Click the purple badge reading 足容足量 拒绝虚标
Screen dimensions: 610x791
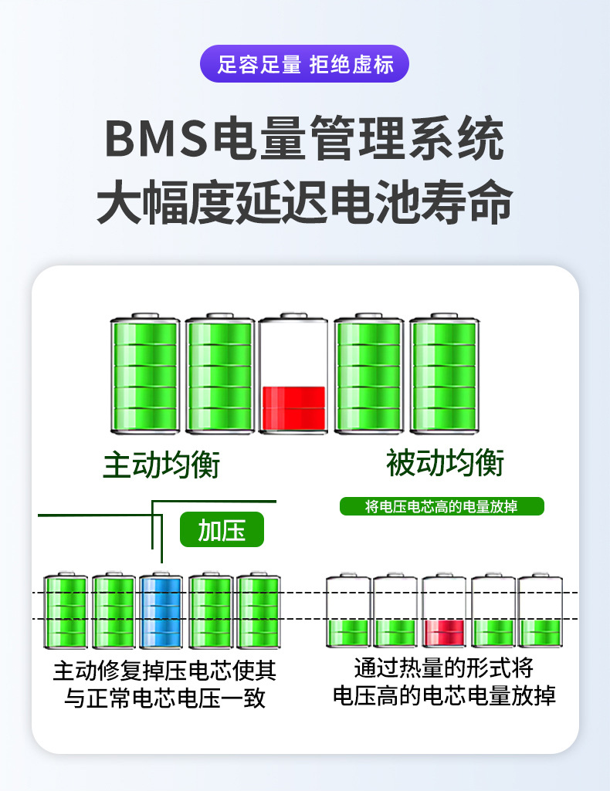pos(304,64)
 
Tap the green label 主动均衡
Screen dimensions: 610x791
pos(161,466)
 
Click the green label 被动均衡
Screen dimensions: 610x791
pos(445,465)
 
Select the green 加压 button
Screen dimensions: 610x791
pos(222,531)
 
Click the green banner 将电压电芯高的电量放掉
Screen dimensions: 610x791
pos(442,507)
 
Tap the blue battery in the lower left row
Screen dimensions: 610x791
pos(162,612)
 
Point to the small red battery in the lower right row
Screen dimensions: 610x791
pos(444,611)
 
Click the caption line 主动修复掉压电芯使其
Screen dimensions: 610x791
pos(164,671)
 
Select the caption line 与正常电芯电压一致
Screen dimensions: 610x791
pos(164,698)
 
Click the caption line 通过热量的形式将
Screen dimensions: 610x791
pos(444,667)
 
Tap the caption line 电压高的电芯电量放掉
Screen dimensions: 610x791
pos(444,695)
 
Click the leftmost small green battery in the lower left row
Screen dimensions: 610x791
pos(66,612)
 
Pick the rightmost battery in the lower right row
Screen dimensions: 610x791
pos(540,611)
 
